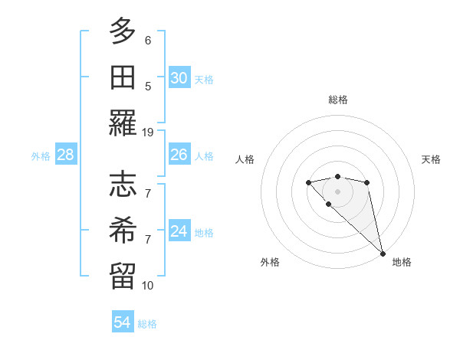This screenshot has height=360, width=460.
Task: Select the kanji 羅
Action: pyautogui.click(x=123, y=123)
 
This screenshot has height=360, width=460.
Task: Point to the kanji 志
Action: pyautogui.click(x=123, y=183)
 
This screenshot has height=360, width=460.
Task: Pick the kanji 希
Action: pyautogui.click(x=123, y=229)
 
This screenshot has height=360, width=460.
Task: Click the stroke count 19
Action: pyautogui.click(x=148, y=132)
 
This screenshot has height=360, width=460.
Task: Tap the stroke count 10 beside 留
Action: pyautogui.click(x=148, y=285)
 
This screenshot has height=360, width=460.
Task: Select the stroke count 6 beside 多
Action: pyautogui.click(x=148, y=40)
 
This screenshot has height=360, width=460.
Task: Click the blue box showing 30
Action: pyautogui.click(x=179, y=77)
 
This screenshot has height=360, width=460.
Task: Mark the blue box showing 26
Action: pyautogui.click(x=179, y=155)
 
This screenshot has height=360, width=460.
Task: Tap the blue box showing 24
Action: pyautogui.click(x=179, y=231)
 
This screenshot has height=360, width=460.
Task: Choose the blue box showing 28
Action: pyautogui.click(x=66, y=155)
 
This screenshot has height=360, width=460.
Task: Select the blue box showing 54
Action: pyautogui.click(x=122, y=322)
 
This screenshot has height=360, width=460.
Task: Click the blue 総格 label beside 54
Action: pyautogui.click(x=147, y=324)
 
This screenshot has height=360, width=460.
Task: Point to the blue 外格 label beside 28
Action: pyautogui.click(x=41, y=156)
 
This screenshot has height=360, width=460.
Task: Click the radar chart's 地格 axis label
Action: pyautogui.click(x=402, y=262)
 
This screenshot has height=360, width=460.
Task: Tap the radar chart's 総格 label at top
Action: pyautogui.click(x=337, y=100)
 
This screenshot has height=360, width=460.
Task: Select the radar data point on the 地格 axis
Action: pyautogui.click(x=383, y=254)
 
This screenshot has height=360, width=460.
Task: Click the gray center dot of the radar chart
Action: pyautogui.click(x=337, y=191)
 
